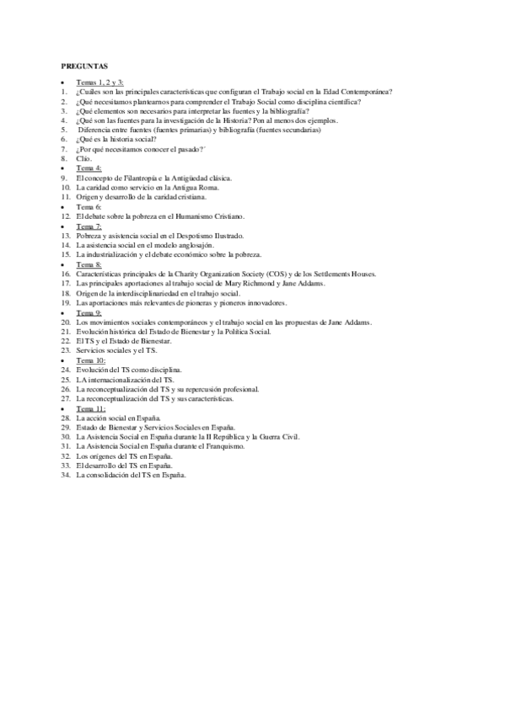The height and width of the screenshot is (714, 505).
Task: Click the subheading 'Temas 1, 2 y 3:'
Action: (99, 83)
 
